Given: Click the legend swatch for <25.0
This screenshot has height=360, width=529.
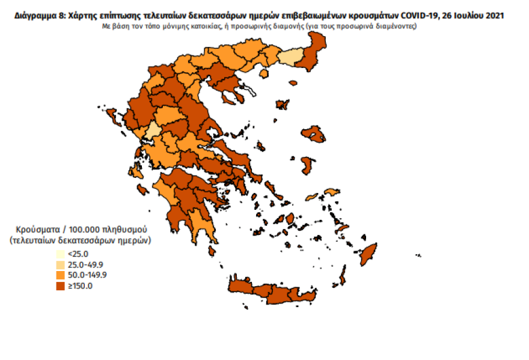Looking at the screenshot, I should (x=61, y=254).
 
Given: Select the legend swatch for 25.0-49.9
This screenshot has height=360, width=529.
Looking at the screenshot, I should (x=61, y=264).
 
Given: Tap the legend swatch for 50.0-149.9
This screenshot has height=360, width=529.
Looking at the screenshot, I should (x=61, y=275).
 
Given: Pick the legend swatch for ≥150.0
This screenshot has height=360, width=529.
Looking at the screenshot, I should (x=61, y=285).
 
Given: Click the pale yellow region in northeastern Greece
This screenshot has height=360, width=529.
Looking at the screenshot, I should (x=291, y=58).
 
